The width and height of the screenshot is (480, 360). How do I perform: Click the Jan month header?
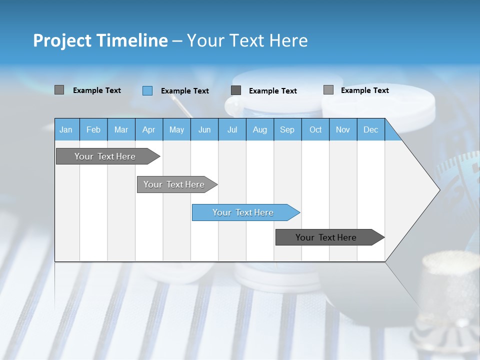pos(66,129)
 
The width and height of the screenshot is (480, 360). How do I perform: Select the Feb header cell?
pos(93,129)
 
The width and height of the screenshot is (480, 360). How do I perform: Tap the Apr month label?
pos(148,129)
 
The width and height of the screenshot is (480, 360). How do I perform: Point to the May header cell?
pos(176,129)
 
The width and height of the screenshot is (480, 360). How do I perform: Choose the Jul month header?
pos(232,129)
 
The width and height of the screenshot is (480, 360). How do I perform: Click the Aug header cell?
pos(259,129)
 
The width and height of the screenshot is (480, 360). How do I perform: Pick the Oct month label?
pos(315,129)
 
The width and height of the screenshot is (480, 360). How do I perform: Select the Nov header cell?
pos(343,129)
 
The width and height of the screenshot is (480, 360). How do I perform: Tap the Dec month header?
pos(370,129)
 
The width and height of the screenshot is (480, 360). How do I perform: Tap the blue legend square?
pos(147,90)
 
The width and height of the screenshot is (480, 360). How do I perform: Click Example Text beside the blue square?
pos(184,91)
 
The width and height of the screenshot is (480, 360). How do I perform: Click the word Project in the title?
pos(62,40)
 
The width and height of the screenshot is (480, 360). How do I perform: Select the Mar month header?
pos(121,129)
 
